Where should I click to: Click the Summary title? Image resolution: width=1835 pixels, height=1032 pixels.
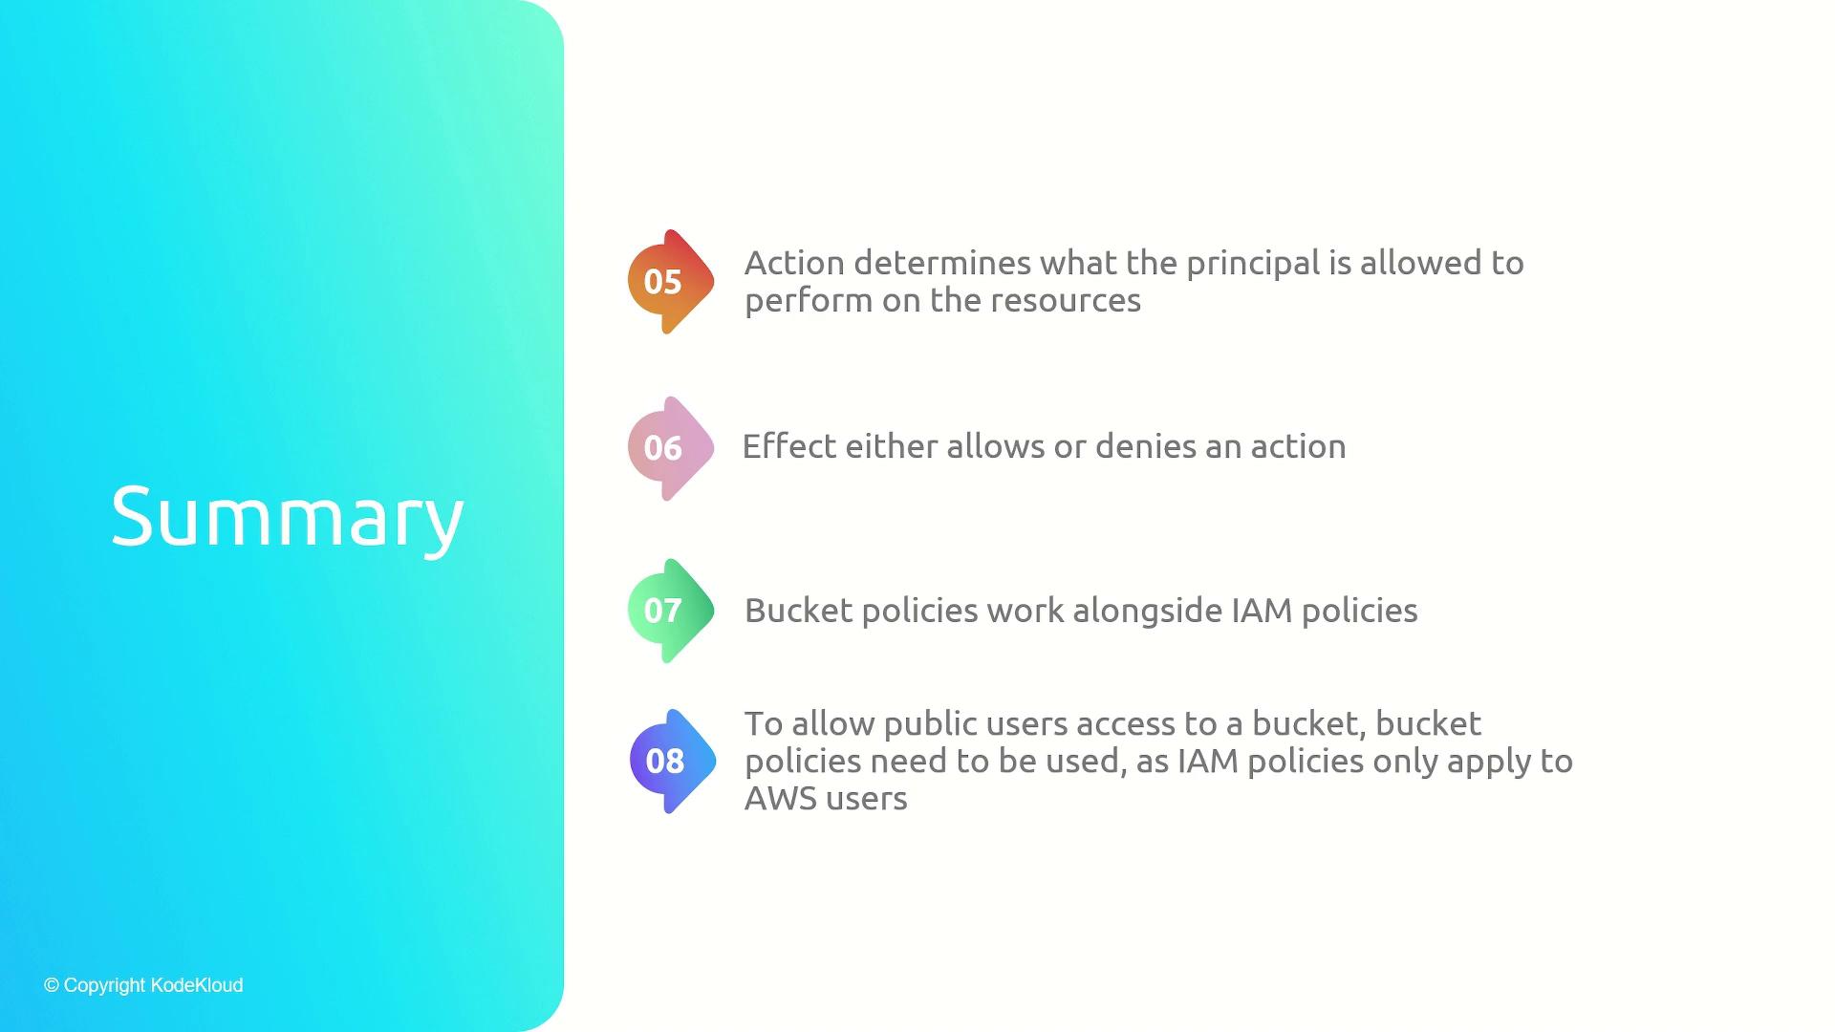coord(287,518)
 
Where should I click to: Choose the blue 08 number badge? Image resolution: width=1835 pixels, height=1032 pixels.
coord(673,761)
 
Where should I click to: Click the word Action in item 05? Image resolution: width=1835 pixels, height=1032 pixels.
coord(794,263)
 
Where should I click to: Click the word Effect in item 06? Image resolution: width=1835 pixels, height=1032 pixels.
coord(788,446)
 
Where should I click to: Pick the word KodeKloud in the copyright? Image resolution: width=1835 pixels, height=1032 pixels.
coord(197,985)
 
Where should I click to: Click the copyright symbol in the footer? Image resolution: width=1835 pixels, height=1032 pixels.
coord(52,985)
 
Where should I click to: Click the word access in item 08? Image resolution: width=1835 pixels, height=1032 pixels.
coord(1125,725)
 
